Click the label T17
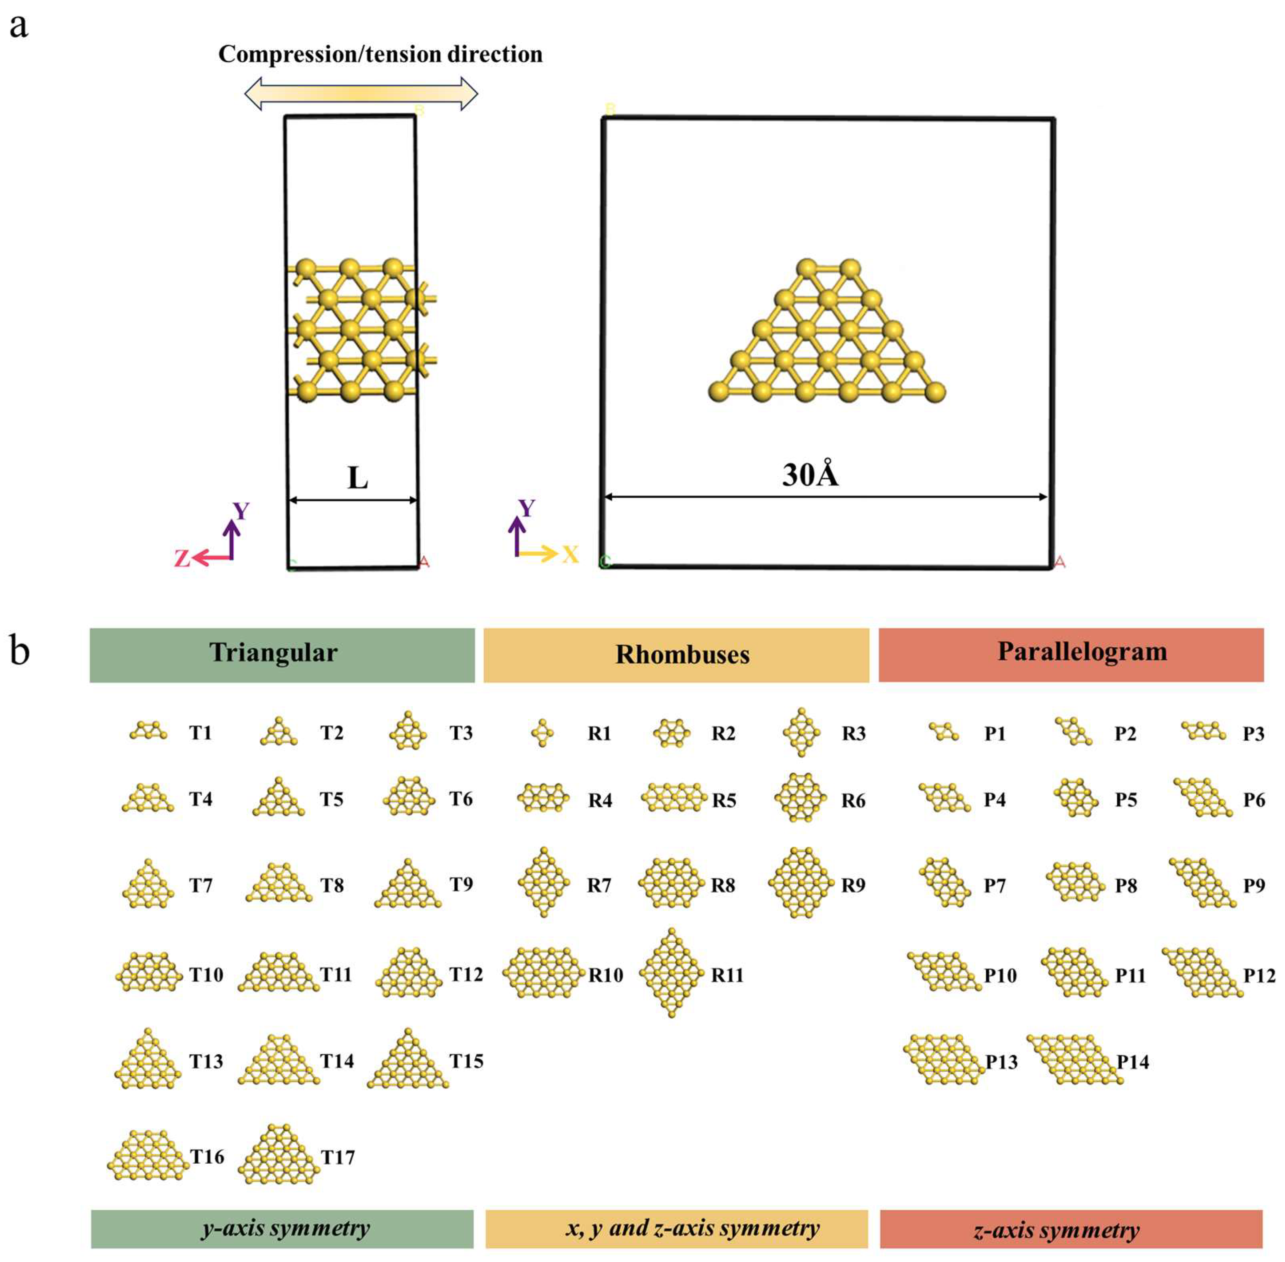(x=338, y=1157)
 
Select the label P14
(x=1132, y=1062)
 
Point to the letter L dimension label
(x=357, y=477)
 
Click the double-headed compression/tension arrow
(x=361, y=93)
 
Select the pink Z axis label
(x=182, y=559)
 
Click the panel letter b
(x=20, y=651)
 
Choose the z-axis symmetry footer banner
(x=1071, y=1230)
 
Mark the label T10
(x=206, y=974)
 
